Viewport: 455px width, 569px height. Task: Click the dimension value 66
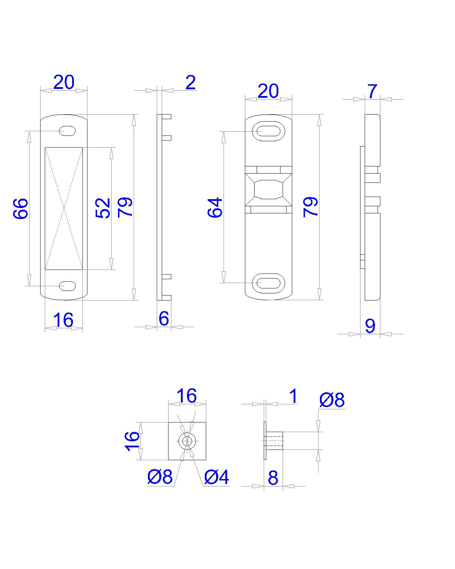click(21, 208)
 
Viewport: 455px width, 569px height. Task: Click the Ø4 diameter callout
click(216, 477)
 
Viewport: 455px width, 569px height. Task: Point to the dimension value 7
click(372, 91)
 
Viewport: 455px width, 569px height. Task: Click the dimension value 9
click(370, 325)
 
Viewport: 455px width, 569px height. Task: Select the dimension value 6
click(164, 318)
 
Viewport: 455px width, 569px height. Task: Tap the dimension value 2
click(191, 83)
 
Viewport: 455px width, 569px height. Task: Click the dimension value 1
click(293, 396)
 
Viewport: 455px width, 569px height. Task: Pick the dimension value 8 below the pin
click(273, 478)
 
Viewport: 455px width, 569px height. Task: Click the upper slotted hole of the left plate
click(67, 131)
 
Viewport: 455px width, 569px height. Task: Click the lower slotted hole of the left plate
click(67, 286)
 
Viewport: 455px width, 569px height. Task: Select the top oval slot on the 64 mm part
click(268, 131)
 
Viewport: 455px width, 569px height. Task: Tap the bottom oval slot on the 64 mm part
click(268, 283)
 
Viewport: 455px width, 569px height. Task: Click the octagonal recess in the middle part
click(268, 189)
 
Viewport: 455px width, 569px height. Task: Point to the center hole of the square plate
click(187, 441)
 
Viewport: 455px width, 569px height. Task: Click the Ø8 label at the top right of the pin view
click(332, 400)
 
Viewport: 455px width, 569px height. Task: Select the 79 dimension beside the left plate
click(125, 207)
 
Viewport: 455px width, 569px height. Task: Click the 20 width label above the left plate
click(64, 83)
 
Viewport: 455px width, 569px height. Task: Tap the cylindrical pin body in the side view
click(274, 441)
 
